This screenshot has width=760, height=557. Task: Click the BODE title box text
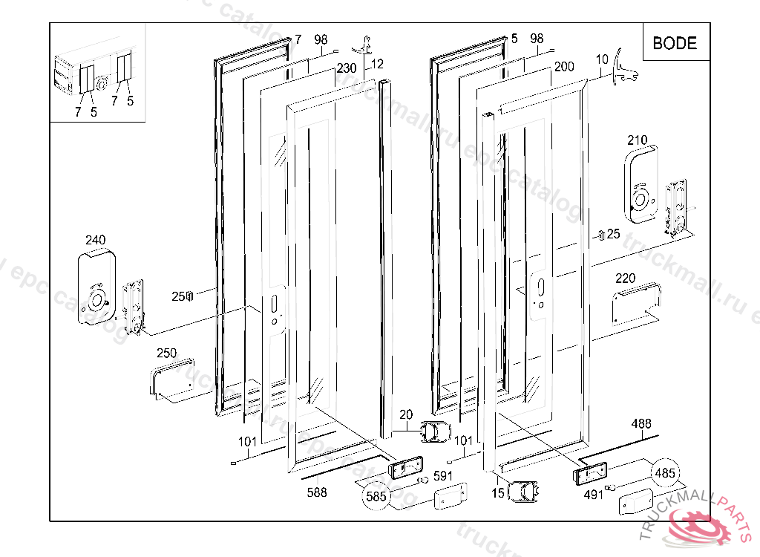675,43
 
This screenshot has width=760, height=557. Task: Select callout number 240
96,240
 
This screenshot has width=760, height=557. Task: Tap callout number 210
637,140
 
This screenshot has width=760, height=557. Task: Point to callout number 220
626,278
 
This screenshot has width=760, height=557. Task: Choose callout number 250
166,354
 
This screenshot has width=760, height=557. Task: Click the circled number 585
376,497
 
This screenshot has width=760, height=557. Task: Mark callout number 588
317,492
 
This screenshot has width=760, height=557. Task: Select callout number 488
641,424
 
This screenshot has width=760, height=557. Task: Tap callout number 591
443,476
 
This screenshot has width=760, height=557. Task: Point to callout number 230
347,68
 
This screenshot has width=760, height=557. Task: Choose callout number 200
564,67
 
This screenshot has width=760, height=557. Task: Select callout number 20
405,414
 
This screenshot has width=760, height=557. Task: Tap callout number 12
377,64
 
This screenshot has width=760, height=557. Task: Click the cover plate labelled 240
96,286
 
